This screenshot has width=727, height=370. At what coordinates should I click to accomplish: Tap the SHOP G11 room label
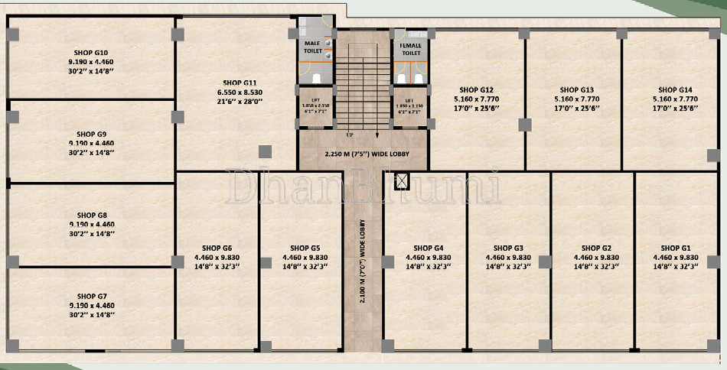pyautogui.click(x=240, y=82)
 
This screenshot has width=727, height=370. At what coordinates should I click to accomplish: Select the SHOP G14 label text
pyautogui.click(x=674, y=89)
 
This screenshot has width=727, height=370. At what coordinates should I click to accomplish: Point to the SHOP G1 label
pyautogui.click(x=674, y=248)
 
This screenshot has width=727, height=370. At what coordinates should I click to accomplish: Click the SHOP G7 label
pyautogui.click(x=92, y=296)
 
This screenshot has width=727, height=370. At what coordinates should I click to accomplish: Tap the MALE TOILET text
pyautogui.click(x=311, y=47)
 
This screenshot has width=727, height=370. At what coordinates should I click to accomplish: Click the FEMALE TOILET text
pyautogui.click(x=411, y=49)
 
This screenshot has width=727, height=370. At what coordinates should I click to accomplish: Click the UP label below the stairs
pyautogui.click(x=350, y=135)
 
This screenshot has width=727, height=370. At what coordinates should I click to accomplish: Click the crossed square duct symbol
pyautogui.click(x=400, y=181)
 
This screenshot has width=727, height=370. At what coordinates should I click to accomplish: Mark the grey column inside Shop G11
pyautogui.click(x=264, y=151)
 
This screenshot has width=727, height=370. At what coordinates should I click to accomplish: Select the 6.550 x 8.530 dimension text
pyautogui.click(x=240, y=92)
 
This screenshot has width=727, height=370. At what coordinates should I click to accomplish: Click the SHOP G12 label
pyautogui.click(x=477, y=89)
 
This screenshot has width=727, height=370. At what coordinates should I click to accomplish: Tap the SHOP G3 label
pyautogui.click(x=508, y=248)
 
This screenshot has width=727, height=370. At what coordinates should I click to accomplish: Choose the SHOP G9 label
pyautogui.click(x=92, y=134)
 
